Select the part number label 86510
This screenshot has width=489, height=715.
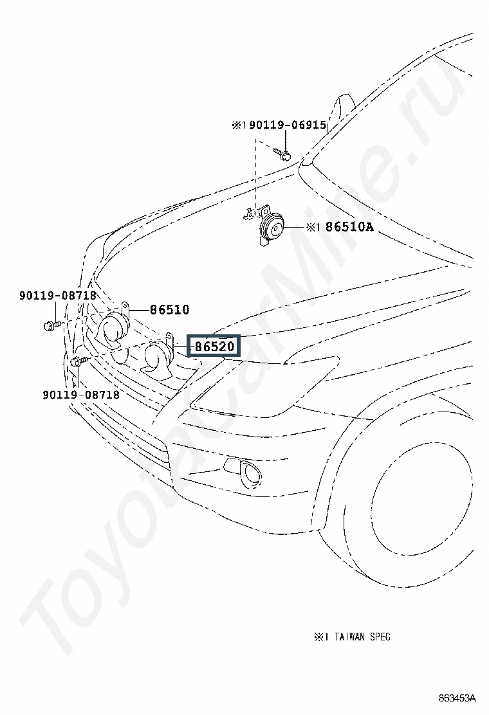click(169, 310)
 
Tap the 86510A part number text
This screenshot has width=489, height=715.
click(349, 227)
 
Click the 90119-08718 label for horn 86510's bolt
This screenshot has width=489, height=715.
click(57, 296)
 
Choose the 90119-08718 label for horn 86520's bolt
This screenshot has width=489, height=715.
click(82, 394)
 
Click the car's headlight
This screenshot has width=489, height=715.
click(270, 386)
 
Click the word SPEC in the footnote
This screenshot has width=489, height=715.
click(380, 637)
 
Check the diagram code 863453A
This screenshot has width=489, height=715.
click(457, 698)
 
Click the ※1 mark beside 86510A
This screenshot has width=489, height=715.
click(312, 227)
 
